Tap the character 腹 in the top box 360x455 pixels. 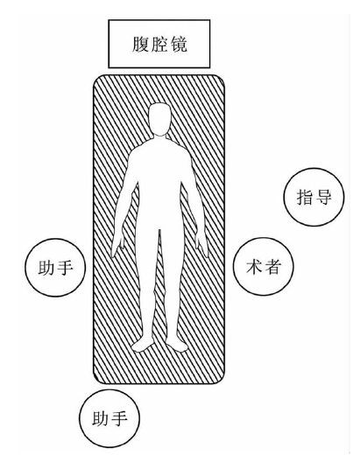coord(141,45)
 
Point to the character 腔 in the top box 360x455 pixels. coord(159,45)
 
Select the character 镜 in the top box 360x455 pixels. coord(179,45)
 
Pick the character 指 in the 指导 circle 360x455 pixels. coord(305,197)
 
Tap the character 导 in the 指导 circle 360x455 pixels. coord(323,197)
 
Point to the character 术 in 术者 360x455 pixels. coord(254,267)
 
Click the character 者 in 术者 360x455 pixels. coord(273,267)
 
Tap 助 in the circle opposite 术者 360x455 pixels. coord(46,268)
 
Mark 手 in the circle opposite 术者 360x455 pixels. coord(65,268)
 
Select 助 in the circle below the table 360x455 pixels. coord(101,418)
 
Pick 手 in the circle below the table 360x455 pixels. coord(119,418)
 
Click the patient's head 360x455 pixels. coord(159,119)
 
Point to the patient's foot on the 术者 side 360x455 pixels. coord(176,345)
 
